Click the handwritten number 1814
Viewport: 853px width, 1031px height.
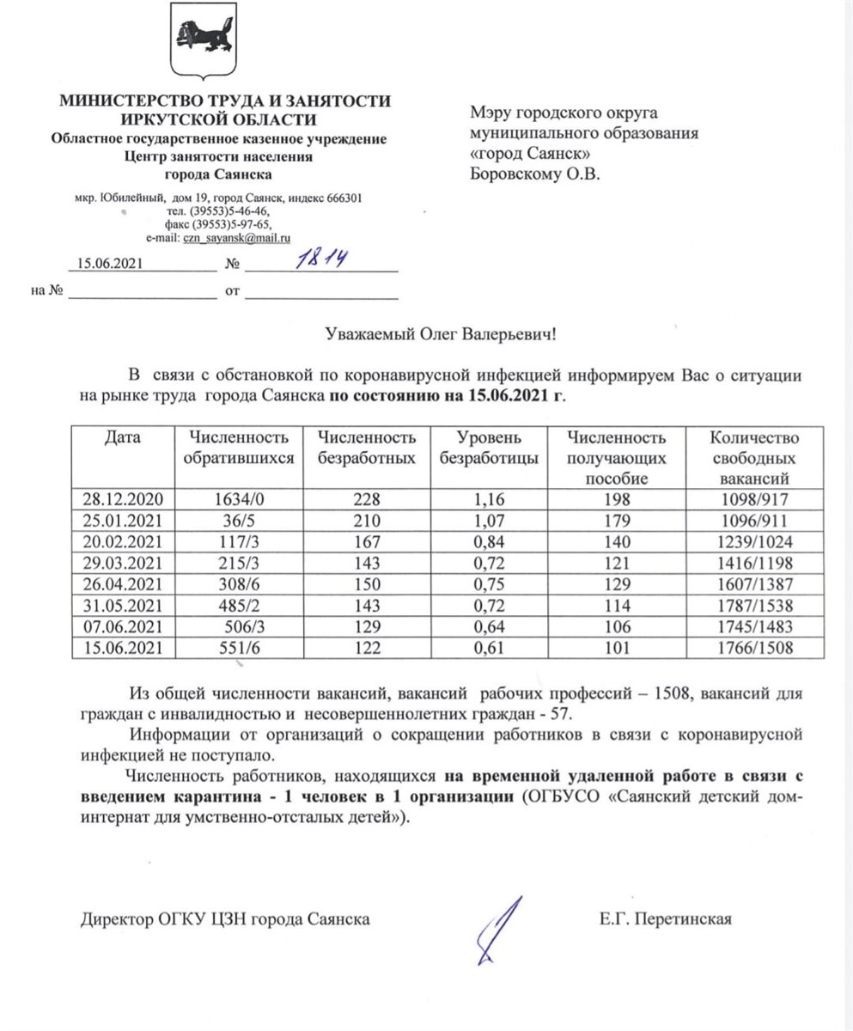316,259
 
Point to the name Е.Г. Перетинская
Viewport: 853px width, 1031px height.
666,920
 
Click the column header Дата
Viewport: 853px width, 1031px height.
123,439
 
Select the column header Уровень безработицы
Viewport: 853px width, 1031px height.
489,448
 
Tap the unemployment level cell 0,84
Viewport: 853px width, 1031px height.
489,541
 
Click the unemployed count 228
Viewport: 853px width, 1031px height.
365,499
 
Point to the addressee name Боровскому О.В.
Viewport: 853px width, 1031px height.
537,176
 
